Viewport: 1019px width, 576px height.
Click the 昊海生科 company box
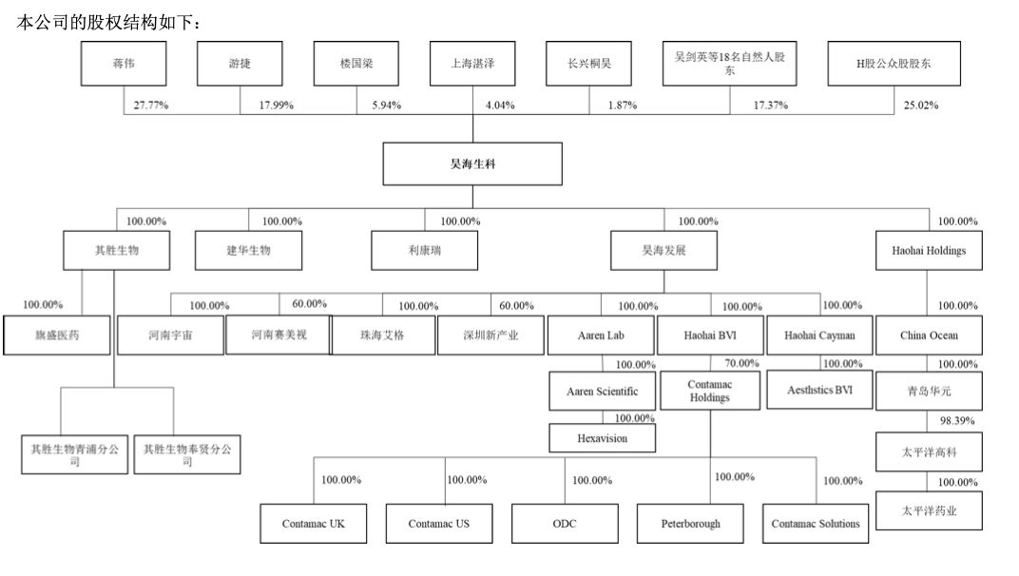point(472,163)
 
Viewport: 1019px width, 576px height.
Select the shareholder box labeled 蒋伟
point(123,63)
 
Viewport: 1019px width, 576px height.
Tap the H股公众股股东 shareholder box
point(894,64)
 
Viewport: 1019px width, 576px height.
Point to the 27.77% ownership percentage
point(150,106)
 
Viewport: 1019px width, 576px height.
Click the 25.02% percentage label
point(921,106)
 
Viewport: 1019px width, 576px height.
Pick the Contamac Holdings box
point(710,391)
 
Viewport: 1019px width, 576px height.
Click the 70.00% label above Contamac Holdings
point(741,364)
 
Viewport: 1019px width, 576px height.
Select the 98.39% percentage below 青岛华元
point(957,420)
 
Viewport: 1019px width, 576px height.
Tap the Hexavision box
point(603,438)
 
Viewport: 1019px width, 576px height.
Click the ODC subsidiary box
point(564,524)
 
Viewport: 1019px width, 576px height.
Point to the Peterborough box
point(691,524)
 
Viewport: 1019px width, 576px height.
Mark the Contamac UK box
point(314,524)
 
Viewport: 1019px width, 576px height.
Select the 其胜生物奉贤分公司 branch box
point(187,454)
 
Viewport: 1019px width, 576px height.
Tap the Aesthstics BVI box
point(819,390)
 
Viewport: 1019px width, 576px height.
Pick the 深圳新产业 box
point(490,336)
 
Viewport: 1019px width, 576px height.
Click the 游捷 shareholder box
point(240,63)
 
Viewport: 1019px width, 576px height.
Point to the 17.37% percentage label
point(771,106)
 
